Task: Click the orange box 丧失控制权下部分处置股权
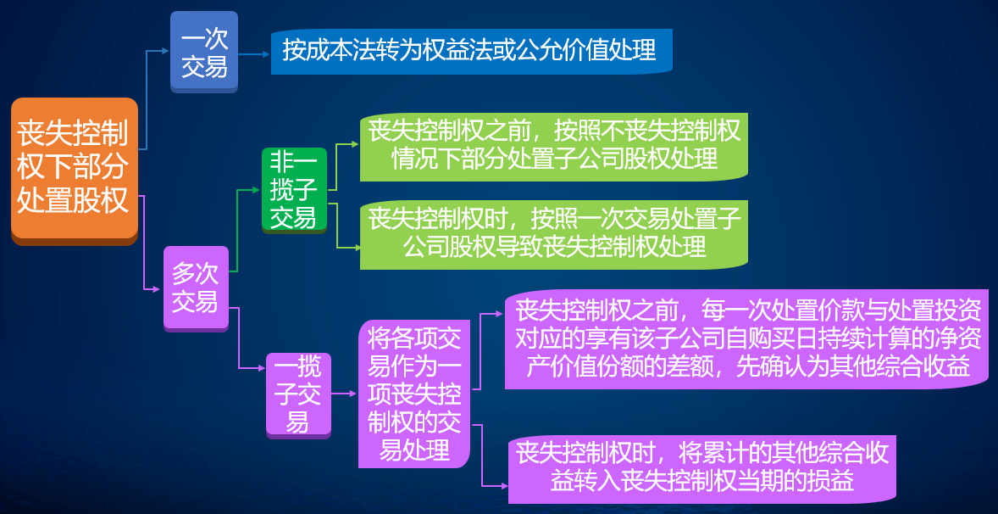click(x=74, y=169)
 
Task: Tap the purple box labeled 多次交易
click(x=196, y=287)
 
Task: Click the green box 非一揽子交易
click(x=293, y=189)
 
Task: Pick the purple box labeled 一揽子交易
click(x=297, y=394)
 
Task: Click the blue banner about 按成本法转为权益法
click(x=470, y=51)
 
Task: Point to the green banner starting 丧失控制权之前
click(x=553, y=145)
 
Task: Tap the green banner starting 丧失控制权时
click(x=553, y=232)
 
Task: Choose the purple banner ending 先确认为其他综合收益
click(x=748, y=338)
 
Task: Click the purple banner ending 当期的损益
click(x=701, y=467)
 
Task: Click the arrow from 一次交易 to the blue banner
click(x=253, y=53)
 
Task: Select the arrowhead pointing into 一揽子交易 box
click(x=262, y=368)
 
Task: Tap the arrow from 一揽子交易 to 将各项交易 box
click(x=342, y=394)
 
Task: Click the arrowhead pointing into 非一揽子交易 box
click(x=256, y=190)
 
